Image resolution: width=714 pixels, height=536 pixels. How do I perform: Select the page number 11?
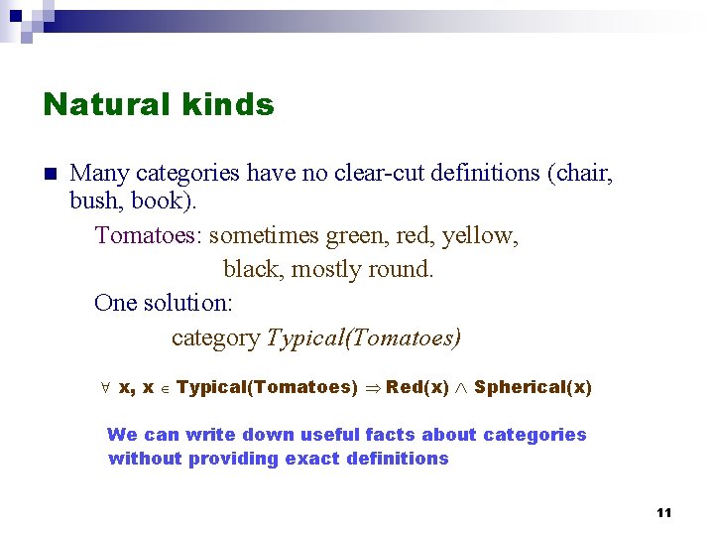tap(663, 512)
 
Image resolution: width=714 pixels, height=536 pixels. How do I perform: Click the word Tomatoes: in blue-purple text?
tap(149, 236)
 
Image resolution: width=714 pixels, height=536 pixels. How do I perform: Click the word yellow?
tap(480, 236)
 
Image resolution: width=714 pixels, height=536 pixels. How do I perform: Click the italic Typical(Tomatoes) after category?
tap(364, 338)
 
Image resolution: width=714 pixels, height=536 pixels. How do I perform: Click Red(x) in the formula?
tap(417, 387)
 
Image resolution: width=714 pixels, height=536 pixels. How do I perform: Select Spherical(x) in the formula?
tap(533, 387)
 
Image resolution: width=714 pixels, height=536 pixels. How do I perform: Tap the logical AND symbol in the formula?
tap(462, 387)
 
